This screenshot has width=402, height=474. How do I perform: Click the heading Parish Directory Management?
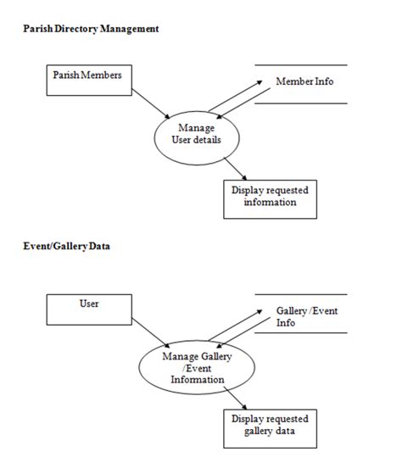(x=91, y=29)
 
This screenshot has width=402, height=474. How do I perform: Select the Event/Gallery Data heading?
(x=66, y=247)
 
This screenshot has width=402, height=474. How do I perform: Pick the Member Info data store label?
(x=304, y=81)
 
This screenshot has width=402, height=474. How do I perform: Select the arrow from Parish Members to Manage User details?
(x=151, y=103)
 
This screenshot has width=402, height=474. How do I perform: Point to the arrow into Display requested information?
(x=236, y=169)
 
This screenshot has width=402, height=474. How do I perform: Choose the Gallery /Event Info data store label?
(x=307, y=316)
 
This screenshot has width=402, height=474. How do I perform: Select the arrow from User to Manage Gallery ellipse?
(x=151, y=333)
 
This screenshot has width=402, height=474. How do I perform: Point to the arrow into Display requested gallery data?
(x=236, y=399)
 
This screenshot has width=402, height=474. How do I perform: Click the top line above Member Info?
(x=301, y=65)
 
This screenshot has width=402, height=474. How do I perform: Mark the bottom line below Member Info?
(x=301, y=103)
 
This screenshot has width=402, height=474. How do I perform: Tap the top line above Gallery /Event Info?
(x=301, y=294)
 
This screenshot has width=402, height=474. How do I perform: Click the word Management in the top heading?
(x=130, y=29)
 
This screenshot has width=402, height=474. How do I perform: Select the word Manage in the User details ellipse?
(x=197, y=128)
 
